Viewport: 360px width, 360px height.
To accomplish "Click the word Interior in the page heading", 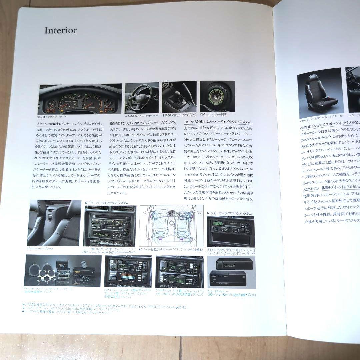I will click(x=61, y=30).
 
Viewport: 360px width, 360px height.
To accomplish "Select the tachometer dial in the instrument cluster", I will click(x=92, y=101).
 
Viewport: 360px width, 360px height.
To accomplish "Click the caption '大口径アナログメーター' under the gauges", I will click(x=52, y=117).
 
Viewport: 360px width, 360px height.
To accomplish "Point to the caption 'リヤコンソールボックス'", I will click(x=42, y=249).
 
